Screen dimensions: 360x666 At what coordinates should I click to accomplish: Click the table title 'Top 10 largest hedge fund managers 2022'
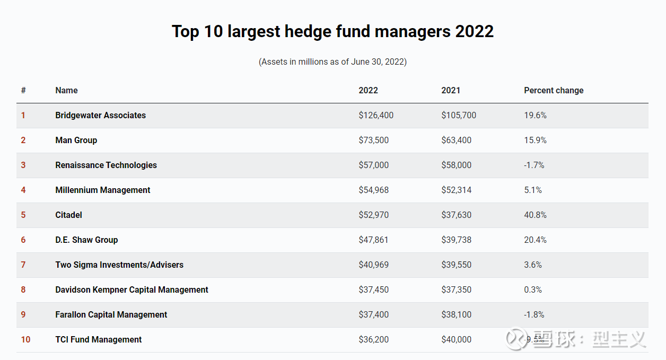coord(332,31)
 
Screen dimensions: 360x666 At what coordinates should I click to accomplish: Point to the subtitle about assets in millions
coord(332,62)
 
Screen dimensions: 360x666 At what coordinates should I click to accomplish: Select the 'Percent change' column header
coord(554,90)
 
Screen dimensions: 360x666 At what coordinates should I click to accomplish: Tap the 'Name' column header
coord(66,90)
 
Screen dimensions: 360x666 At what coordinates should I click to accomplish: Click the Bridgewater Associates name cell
coord(100,115)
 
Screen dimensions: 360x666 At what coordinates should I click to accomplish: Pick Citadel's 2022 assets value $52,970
coord(373,215)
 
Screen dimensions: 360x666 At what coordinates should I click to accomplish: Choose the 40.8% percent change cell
coord(535,215)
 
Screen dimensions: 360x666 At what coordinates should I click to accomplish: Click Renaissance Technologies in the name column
coord(106,165)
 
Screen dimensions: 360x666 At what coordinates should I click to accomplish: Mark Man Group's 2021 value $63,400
coord(456,140)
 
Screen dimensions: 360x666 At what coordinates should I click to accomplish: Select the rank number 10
coord(25,339)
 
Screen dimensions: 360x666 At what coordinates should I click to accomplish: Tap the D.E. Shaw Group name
coord(86,240)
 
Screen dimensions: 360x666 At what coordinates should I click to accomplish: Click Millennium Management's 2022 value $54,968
coord(373,190)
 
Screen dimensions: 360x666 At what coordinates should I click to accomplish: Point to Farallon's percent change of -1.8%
coord(534,314)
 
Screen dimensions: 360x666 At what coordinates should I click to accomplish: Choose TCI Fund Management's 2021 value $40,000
coord(456,339)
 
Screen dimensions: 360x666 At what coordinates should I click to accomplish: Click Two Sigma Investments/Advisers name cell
coord(119,265)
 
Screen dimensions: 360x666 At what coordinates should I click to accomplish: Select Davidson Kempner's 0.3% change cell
coord(533,289)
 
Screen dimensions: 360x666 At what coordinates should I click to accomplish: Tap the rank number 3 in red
coord(23,165)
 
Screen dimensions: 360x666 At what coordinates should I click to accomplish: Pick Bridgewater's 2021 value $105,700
coord(459,115)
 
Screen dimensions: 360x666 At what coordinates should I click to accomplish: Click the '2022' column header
coord(368,90)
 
